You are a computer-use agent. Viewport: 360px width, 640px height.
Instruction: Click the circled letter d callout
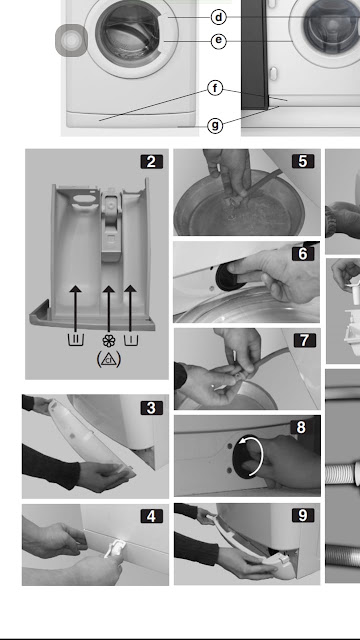[219, 17]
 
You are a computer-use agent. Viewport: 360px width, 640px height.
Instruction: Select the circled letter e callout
[219, 40]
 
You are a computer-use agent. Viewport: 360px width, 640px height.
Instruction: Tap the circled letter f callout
[216, 88]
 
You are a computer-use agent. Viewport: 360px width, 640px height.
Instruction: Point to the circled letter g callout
[216, 125]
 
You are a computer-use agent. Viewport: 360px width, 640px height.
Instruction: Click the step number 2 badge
[151, 162]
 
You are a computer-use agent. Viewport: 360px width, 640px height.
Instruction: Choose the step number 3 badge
[151, 408]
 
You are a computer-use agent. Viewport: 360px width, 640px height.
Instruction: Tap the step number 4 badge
[151, 516]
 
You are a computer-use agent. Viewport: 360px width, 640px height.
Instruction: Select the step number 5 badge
[303, 161]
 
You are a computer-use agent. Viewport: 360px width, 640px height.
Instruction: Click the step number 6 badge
[303, 254]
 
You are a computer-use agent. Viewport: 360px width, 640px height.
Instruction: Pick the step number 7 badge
[304, 340]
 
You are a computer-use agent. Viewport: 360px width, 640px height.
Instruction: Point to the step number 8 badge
[301, 427]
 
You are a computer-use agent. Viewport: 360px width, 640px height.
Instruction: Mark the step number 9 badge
[303, 515]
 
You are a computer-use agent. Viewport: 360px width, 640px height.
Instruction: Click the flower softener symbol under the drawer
[109, 340]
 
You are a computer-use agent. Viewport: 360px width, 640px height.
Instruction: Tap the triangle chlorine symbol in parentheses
[109, 359]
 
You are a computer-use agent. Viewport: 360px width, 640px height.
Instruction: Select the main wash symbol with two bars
[76, 340]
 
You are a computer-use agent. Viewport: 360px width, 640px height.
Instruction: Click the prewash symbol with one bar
[131, 340]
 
